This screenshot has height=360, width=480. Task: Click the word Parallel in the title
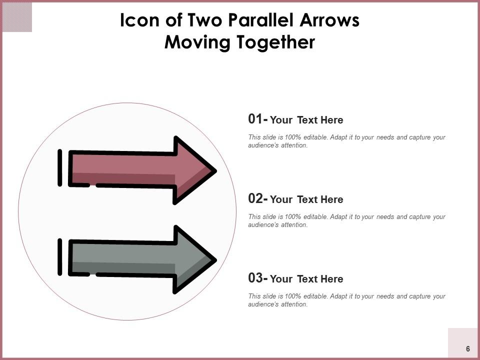point(261,20)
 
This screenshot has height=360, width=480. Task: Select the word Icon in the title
point(139,20)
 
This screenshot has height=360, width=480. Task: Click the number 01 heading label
point(255,119)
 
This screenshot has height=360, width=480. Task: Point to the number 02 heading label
point(255,198)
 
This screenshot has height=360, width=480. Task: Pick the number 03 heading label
point(255,278)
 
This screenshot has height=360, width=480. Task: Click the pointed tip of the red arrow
point(216,171)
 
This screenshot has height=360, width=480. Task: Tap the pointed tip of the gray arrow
point(216,260)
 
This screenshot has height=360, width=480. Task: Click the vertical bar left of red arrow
point(60,168)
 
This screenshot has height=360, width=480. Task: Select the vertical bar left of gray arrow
point(60,257)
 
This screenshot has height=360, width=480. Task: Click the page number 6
point(468,348)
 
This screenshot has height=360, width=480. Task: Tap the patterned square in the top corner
point(17,17)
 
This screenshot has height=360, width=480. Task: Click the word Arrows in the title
point(329,20)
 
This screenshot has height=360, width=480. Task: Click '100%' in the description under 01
point(293,137)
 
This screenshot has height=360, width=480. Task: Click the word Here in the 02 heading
point(332,199)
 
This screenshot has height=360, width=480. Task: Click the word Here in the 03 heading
point(332,279)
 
